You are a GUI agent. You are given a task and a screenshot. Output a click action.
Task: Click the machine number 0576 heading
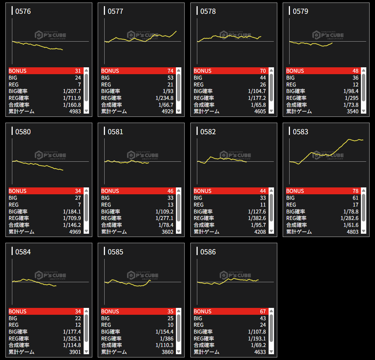point(23,11)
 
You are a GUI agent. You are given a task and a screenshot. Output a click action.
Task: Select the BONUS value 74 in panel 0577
point(170,71)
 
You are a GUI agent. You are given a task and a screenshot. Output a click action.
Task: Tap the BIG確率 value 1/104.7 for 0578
point(257,91)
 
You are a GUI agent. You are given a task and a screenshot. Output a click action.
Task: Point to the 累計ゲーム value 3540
point(352,111)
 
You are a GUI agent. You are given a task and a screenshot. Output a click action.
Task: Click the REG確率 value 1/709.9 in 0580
point(72,218)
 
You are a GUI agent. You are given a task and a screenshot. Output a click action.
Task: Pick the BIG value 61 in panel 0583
point(355,198)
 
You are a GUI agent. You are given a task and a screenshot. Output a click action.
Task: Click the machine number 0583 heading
point(300,132)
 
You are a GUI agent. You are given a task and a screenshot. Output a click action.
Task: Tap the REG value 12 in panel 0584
point(77,325)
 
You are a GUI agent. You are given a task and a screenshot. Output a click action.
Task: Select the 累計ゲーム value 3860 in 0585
point(167,352)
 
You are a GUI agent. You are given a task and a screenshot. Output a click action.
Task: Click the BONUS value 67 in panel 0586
point(262,312)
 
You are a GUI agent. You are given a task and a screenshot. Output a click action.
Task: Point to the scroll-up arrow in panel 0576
point(86,71)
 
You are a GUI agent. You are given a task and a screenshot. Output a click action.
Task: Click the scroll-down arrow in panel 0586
point(271,351)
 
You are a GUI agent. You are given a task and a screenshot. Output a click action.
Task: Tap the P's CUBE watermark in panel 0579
point(328,35)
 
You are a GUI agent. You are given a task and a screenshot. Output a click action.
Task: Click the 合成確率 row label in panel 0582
point(204,225)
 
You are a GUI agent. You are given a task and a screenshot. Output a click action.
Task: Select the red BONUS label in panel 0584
point(17,312)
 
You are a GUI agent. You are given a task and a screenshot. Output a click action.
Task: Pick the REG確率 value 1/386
point(167,338)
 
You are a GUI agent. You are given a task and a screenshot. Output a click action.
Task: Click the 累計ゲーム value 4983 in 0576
point(75,111)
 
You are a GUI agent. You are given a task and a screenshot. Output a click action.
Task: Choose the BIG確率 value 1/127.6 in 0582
point(257,212)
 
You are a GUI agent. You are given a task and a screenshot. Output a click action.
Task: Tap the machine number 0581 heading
point(115,132)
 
